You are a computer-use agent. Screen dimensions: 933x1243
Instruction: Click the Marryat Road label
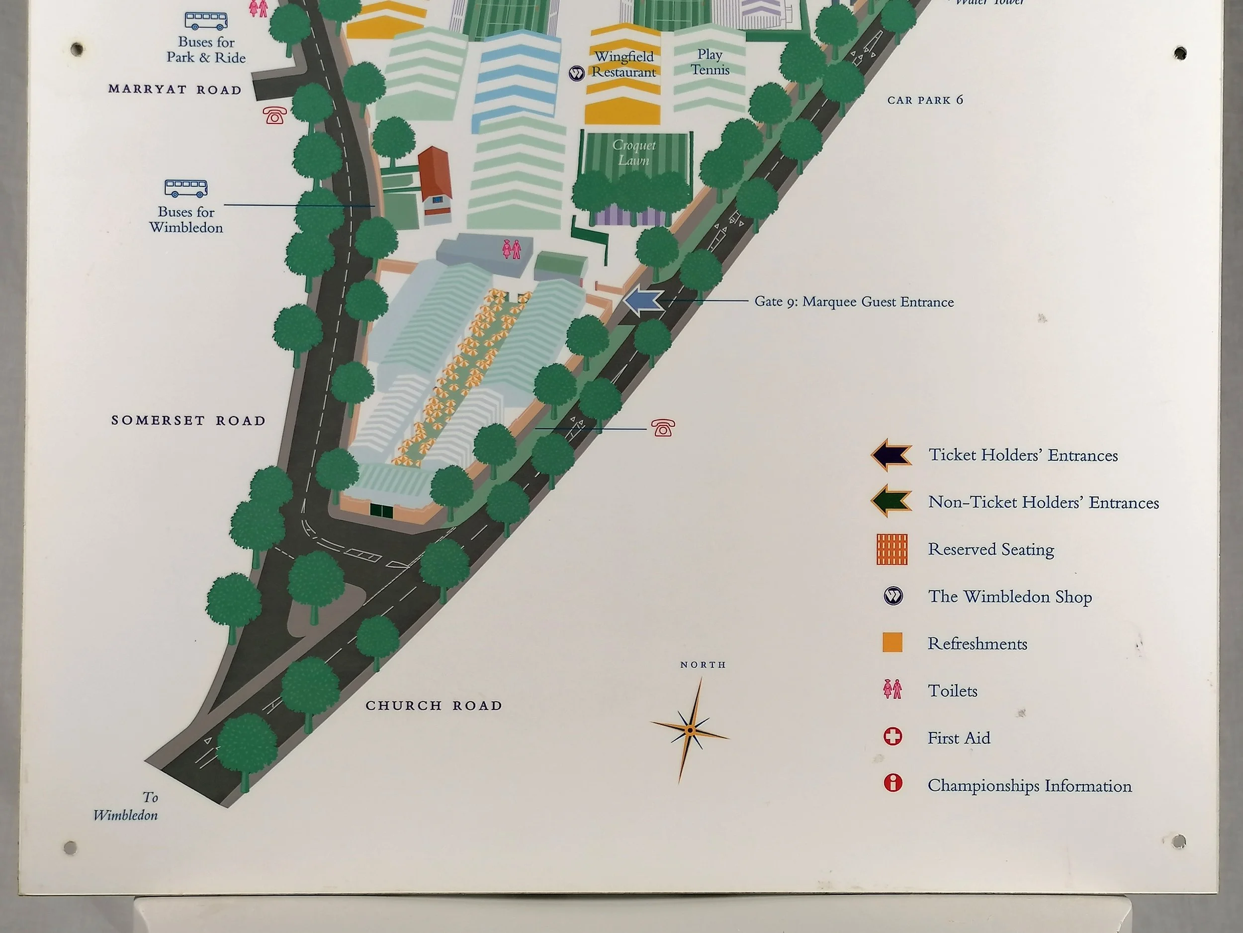point(175,90)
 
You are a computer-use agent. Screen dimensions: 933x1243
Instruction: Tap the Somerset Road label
point(188,420)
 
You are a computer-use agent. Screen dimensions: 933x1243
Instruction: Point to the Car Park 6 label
point(925,100)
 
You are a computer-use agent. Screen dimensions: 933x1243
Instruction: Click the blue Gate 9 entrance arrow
point(643,301)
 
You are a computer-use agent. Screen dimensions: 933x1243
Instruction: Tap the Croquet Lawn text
point(634,152)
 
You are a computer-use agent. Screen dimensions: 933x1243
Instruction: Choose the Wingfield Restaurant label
point(624,64)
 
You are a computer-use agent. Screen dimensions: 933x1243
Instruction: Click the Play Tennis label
point(710,62)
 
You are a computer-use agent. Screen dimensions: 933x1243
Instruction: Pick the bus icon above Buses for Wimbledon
point(186,188)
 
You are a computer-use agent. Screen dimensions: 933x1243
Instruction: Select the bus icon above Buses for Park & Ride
point(206,21)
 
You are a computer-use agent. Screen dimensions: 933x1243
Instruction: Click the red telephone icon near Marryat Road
point(275,115)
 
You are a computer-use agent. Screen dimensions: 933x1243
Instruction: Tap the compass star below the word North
point(690,730)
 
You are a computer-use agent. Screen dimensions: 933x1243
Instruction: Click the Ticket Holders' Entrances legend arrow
point(891,454)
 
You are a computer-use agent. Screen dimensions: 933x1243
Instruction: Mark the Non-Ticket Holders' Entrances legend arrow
point(891,501)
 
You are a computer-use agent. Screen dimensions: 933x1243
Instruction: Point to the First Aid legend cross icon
point(892,737)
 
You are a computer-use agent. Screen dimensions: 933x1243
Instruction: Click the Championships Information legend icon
point(892,783)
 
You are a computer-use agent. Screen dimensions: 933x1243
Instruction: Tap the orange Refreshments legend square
point(892,642)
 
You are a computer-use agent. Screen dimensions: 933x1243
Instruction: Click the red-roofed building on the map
point(435,174)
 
